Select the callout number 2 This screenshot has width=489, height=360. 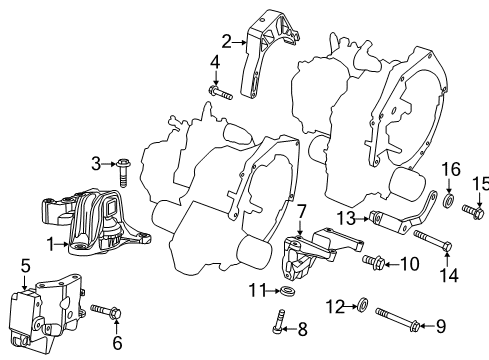click(x=226, y=41)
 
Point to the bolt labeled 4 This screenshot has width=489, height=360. click(x=221, y=93)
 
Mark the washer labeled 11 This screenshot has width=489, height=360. click(x=286, y=291)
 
